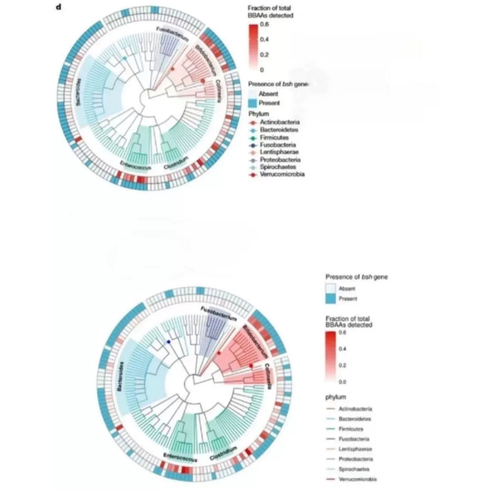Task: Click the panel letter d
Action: (x=59, y=7)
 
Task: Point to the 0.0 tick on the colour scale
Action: (x=342, y=382)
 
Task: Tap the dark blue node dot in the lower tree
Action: (x=169, y=342)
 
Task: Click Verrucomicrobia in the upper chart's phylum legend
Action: (x=282, y=174)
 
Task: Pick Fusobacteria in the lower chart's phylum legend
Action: (x=354, y=439)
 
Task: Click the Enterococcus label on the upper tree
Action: (x=135, y=166)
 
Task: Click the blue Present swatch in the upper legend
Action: (x=253, y=103)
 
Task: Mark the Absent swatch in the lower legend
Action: (x=331, y=289)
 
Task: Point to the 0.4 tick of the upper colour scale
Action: (x=265, y=40)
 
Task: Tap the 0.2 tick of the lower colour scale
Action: (x=342, y=365)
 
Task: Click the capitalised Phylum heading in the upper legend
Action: (x=258, y=114)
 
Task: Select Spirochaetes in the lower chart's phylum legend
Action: (x=354, y=469)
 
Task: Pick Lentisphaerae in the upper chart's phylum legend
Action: (x=279, y=152)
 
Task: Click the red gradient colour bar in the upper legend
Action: (x=253, y=47)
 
